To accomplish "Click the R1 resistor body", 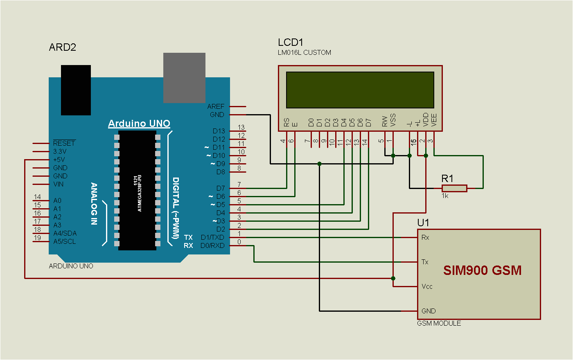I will click(454, 188).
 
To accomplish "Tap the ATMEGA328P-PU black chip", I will click(137, 190).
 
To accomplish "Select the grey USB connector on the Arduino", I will click(184, 78).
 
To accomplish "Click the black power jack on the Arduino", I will click(76, 90).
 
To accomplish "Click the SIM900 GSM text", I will click(482, 270).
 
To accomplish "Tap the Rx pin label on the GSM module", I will click(425, 237).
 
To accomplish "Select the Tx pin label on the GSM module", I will click(425, 262).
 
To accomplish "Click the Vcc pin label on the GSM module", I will click(427, 286).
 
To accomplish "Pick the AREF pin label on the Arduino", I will click(216, 106).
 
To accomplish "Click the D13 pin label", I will click(219, 131).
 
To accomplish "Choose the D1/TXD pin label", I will click(212, 237).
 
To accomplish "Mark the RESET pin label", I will click(64, 143).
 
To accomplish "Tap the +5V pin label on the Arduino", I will click(59, 160).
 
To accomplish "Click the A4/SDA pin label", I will click(65, 233).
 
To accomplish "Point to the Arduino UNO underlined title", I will click(139, 124).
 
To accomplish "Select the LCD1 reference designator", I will click(291, 42).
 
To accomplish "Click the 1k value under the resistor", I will click(445, 196).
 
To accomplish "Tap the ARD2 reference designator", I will click(63, 47).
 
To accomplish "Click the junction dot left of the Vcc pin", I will click(393, 278).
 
